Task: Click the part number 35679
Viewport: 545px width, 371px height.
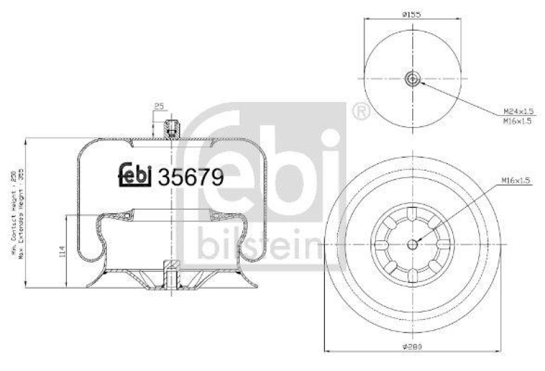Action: click(191, 178)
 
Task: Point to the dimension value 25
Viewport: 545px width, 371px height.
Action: click(159, 106)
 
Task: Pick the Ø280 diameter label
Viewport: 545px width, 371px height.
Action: click(413, 347)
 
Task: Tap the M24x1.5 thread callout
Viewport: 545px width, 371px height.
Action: click(516, 110)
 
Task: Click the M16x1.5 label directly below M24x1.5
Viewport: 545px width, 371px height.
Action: click(516, 120)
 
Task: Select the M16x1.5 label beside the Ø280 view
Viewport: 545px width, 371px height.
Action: click(516, 180)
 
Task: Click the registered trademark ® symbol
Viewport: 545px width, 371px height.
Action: click(361, 111)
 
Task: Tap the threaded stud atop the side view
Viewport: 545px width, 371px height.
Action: click(171, 127)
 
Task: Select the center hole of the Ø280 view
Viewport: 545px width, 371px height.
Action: click(413, 244)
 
